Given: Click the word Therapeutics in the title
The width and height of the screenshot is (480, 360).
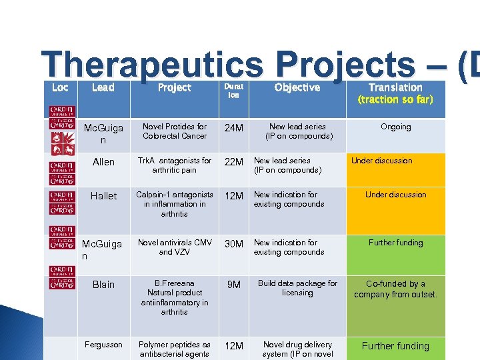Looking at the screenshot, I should [152, 65].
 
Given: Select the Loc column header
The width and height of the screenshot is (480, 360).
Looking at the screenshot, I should [60, 87].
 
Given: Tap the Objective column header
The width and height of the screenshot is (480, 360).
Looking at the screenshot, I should [297, 87].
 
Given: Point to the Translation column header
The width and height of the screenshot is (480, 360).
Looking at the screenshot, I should [395, 87].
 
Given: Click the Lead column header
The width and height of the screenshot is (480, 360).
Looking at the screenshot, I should [103, 87].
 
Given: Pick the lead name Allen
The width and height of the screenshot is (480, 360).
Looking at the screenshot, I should [103, 162].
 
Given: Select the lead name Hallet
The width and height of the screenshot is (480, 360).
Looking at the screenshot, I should [103, 196].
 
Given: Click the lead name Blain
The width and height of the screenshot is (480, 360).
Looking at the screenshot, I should [103, 285].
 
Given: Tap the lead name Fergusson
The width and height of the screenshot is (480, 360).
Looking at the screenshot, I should [103, 345].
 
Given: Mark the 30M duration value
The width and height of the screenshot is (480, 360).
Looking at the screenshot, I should [234, 245].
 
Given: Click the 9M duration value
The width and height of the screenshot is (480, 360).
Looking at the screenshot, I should [234, 285].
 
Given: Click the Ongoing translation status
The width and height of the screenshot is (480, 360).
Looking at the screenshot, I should [396, 127].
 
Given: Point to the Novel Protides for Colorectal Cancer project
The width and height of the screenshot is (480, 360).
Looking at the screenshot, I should [175, 131].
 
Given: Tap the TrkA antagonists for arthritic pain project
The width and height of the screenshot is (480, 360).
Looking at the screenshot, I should [175, 165].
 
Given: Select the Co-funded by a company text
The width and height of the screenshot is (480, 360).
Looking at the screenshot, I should [396, 289].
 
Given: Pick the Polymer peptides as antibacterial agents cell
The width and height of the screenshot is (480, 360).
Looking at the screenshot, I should [175, 349].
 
